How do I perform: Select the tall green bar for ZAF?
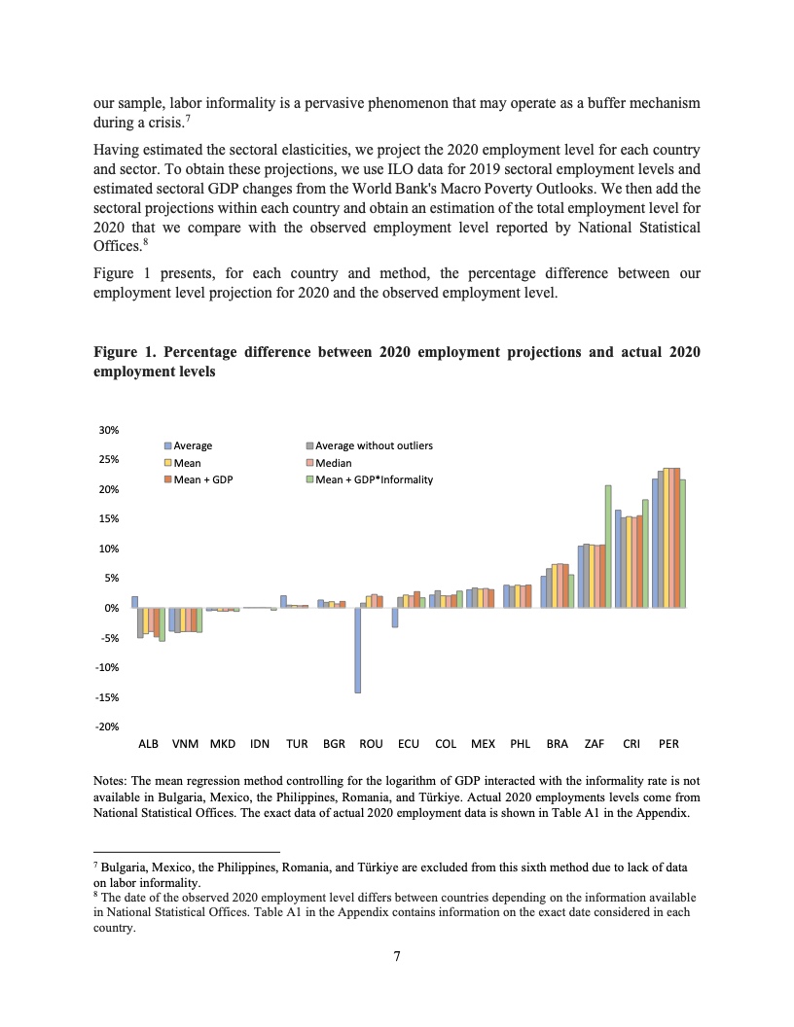pyautogui.click(x=607, y=546)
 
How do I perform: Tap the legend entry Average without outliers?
pyautogui.click(x=374, y=446)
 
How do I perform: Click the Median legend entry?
pyautogui.click(x=337, y=463)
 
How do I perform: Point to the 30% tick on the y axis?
pyautogui.click(x=109, y=430)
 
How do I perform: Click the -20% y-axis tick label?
pyautogui.click(x=107, y=726)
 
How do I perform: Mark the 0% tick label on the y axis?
pyautogui.click(x=111, y=608)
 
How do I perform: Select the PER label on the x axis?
pyautogui.click(x=668, y=744)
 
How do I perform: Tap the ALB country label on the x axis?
pyautogui.click(x=148, y=744)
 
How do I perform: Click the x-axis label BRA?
pyautogui.click(x=558, y=744)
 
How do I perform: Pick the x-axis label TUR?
pyautogui.click(x=297, y=744)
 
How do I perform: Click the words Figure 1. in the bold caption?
pyautogui.click(x=125, y=351)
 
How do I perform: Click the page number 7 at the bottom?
pyautogui.click(x=397, y=956)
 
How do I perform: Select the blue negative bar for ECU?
pyautogui.click(x=395, y=618)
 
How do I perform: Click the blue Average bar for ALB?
pyautogui.click(x=135, y=602)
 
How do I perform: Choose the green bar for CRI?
pyautogui.click(x=645, y=553)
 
